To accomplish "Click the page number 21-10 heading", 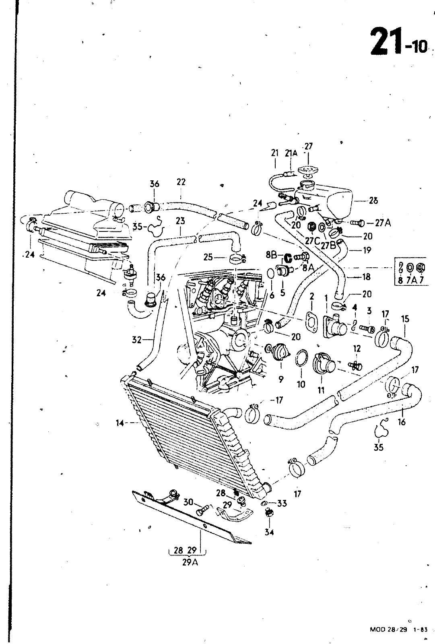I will (x=398, y=42).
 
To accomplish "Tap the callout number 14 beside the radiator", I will (x=119, y=423).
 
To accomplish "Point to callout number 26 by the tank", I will (x=373, y=200).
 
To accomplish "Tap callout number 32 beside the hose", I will (x=136, y=340).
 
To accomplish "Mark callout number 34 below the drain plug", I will (x=269, y=532).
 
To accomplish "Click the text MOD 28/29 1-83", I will (x=398, y=630).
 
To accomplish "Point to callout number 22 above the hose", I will (x=181, y=182).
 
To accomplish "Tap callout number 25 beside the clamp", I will (x=208, y=257).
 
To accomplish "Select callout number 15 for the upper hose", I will (x=405, y=319).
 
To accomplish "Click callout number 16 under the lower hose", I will (x=401, y=422).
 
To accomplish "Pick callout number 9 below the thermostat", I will (x=281, y=378).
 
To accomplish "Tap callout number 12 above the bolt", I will (x=357, y=348).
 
